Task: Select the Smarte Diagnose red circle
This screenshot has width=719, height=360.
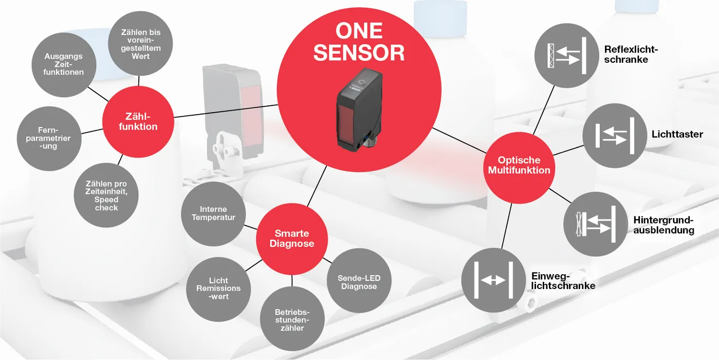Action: [x=291, y=238]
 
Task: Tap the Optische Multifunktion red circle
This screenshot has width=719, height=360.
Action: [x=519, y=165]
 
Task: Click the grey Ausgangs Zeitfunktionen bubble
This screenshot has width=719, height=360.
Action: [x=64, y=64]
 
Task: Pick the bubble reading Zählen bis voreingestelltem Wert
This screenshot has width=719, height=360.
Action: [x=140, y=44]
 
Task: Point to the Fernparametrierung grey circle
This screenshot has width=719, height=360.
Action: [x=48, y=138]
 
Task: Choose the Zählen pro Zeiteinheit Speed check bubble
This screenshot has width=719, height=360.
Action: [x=106, y=195]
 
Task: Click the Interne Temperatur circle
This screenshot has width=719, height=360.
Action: [x=214, y=213]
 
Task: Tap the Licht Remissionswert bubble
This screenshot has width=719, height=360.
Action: [x=218, y=289]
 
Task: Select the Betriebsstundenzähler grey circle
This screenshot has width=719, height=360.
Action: [x=292, y=319]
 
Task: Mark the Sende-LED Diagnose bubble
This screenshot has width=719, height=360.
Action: [x=359, y=282]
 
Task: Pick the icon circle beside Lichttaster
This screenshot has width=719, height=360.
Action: [x=615, y=135]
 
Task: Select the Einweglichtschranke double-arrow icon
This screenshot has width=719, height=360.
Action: [x=493, y=280]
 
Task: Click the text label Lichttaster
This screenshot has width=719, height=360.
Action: [x=677, y=134]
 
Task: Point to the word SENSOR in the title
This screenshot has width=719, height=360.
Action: [x=359, y=53]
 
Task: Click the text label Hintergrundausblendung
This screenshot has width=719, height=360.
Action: [x=663, y=225]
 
